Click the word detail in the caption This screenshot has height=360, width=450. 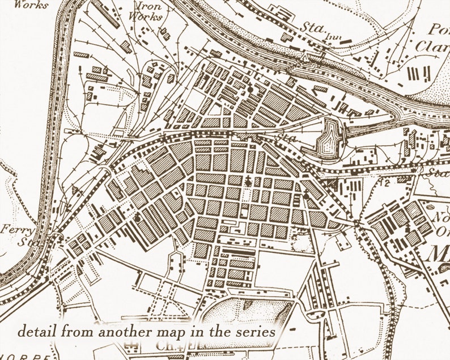coord(36,330)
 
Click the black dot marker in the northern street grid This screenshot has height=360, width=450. coord(249,89)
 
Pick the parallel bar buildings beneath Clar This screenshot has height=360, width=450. coord(416,73)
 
